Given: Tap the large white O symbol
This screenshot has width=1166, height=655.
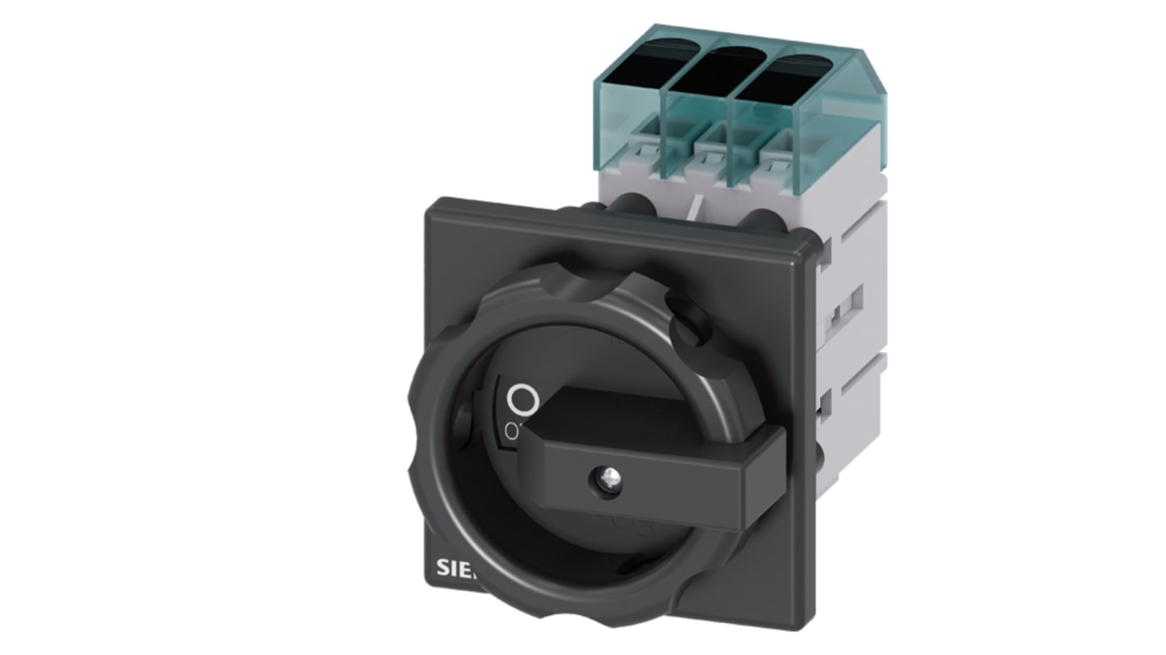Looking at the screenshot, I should (522, 401).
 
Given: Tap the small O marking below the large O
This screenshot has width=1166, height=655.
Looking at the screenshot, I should (512, 431).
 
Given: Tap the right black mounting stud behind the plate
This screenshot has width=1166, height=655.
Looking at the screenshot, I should (764, 222).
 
